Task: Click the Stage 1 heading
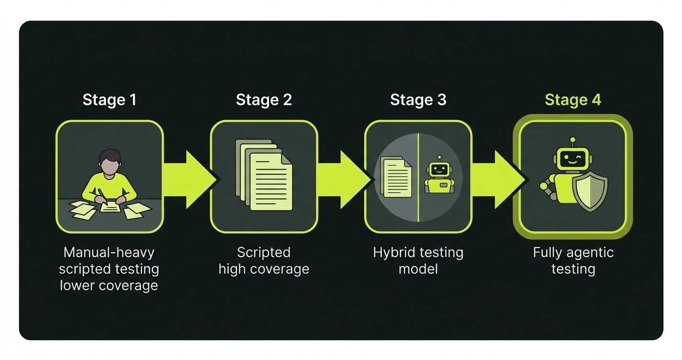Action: click(109, 100)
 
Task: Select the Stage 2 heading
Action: click(263, 100)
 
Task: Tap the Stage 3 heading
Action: click(418, 100)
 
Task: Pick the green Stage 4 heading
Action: click(573, 100)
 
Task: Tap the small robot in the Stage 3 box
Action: click(439, 177)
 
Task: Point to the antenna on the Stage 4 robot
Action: click(572, 141)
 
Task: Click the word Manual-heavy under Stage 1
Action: click(109, 252)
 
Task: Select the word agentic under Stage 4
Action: click(590, 252)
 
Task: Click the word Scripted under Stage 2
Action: click(263, 252)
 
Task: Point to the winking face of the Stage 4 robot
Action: click(572, 158)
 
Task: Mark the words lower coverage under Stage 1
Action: click(109, 285)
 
